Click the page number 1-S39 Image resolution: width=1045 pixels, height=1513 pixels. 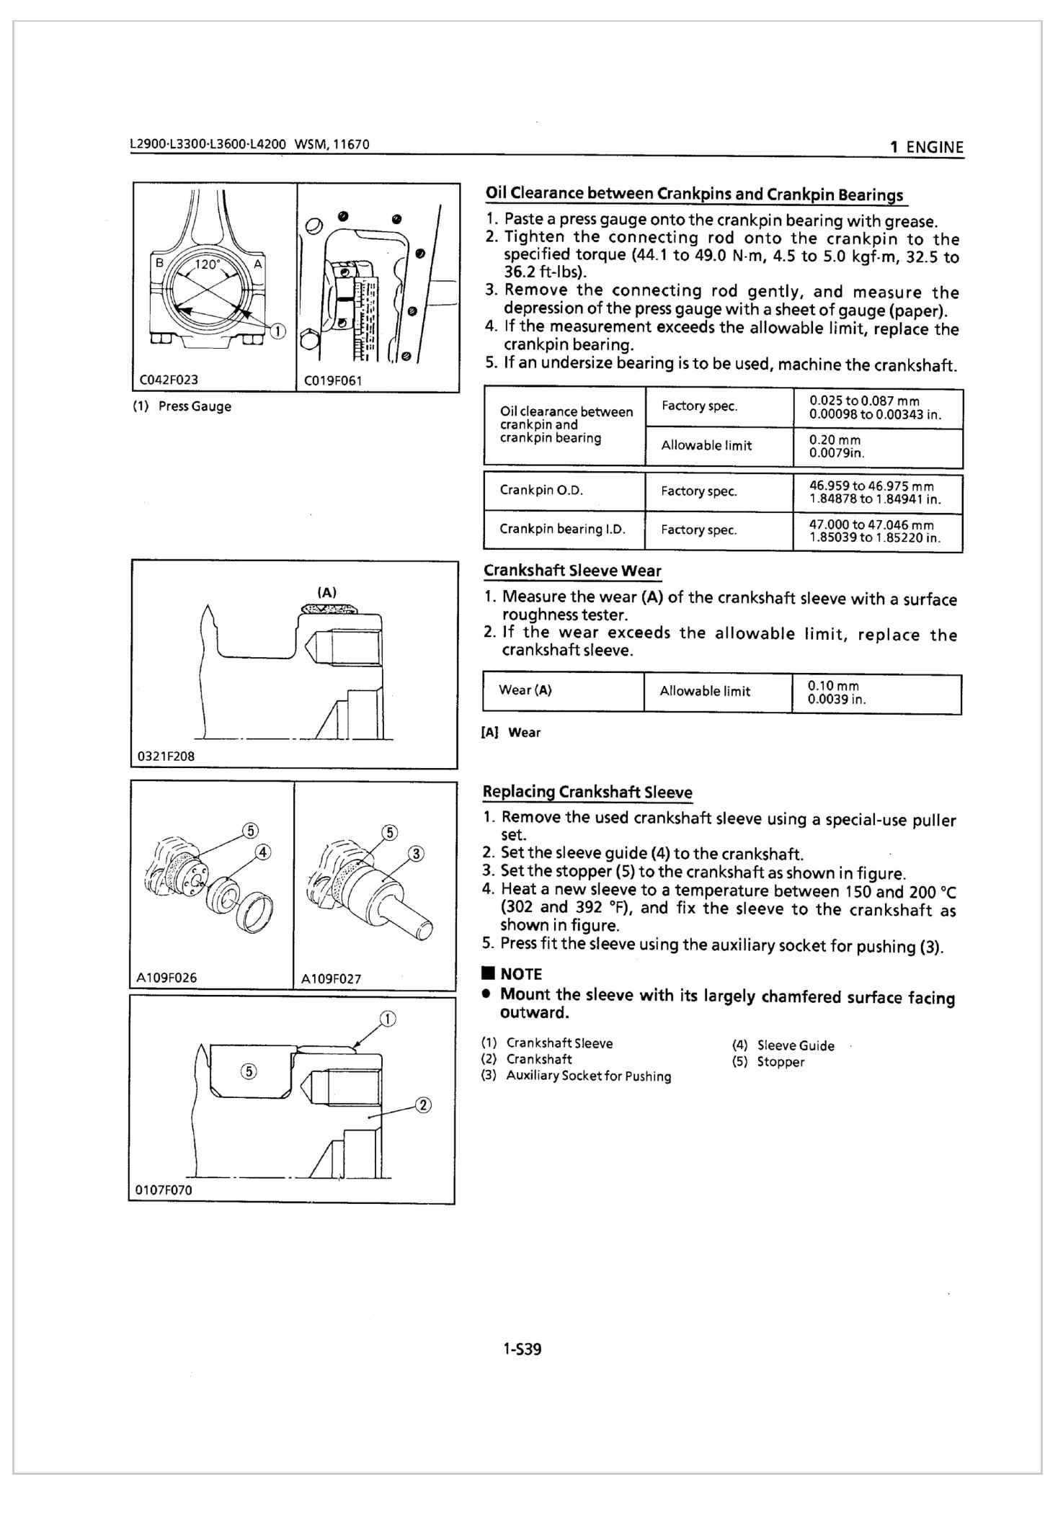522,1349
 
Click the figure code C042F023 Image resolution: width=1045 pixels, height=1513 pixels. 169,380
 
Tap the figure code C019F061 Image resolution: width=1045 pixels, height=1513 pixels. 333,380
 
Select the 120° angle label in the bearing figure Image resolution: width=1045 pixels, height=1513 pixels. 207,264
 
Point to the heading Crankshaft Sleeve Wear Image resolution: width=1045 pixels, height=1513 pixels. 572,571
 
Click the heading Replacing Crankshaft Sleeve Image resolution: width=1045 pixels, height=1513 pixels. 587,792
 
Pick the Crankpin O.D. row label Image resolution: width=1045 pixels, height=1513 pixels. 541,491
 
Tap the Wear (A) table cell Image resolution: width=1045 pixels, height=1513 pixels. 525,690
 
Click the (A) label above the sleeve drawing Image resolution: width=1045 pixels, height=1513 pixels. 327,593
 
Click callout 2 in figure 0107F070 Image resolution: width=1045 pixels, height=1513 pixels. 423,1104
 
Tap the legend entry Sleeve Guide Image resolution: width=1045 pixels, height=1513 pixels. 795,1045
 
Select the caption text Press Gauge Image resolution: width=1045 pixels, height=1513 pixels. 195,406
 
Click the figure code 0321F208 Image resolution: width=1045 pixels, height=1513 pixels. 166,756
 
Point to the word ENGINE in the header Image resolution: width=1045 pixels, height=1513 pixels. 934,148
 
